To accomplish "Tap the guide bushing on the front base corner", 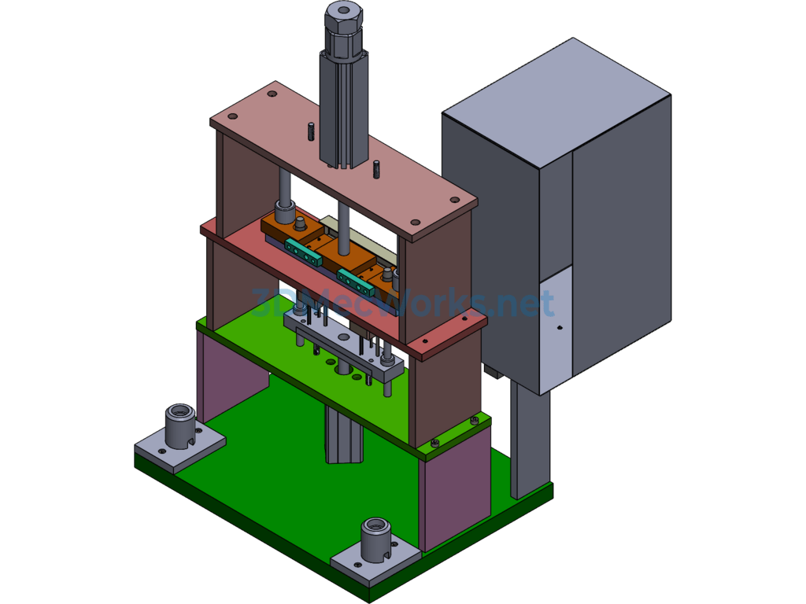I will coord(375,539).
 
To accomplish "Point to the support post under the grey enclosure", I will coord(530,440).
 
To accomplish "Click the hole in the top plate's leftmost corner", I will coord(233,116).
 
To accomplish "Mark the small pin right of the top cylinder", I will coord(377,168).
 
